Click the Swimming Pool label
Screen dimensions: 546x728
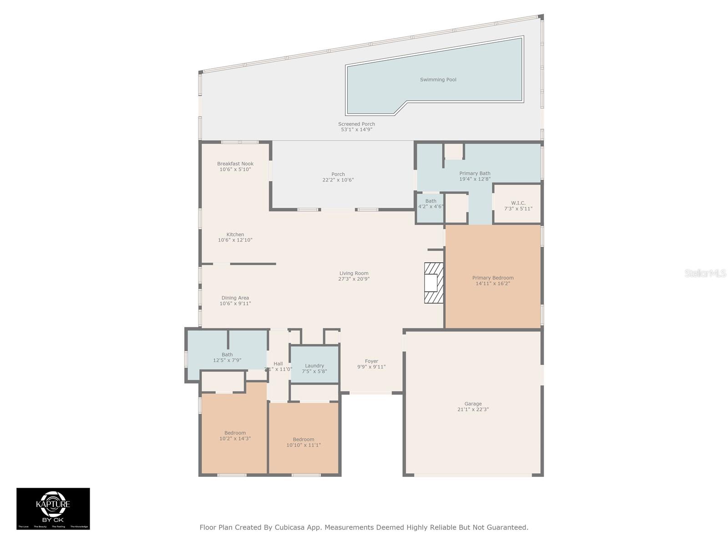click(438, 80)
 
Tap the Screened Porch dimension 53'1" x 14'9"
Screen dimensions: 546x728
click(356, 130)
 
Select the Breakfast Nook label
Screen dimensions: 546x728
click(235, 164)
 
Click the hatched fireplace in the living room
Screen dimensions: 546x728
click(434, 283)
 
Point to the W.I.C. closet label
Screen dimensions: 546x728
click(518, 203)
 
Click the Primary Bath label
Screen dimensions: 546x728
click(475, 173)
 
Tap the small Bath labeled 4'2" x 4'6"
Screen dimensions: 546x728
click(430, 204)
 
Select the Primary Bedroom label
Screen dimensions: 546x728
click(493, 278)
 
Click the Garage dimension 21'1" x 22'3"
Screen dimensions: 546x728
click(473, 409)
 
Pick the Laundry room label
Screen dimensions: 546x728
click(314, 366)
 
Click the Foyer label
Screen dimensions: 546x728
click(371, 361)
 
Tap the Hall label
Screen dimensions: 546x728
click(278, 364)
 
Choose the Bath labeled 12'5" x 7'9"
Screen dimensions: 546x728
click(227, 358)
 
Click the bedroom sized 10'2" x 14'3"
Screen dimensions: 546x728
click(235, 436)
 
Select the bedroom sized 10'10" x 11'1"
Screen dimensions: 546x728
click(303, 442)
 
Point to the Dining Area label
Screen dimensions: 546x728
click(235, 298)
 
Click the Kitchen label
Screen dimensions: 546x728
click(235, 235)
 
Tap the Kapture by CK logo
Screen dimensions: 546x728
click(53, 508)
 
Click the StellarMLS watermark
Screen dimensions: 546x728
click(705, 273)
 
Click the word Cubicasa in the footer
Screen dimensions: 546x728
click(289, 527)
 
